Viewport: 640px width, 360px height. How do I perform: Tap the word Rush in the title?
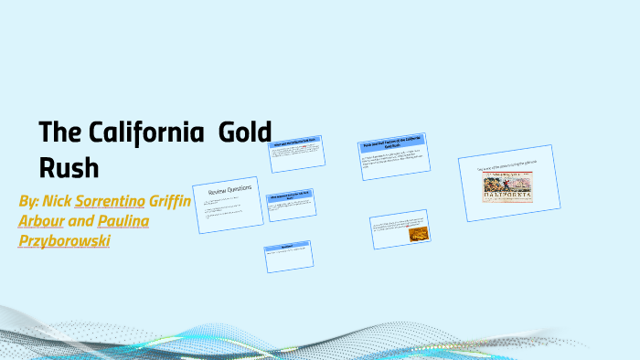68,167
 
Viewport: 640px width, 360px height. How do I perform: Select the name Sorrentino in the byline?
110,200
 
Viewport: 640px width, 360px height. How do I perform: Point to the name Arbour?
41,221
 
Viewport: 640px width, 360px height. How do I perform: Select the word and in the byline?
80,221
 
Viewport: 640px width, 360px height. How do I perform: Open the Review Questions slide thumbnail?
229,206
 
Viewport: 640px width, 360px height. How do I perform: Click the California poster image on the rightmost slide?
517,188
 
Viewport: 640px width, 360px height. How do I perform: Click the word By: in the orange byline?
27,200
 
